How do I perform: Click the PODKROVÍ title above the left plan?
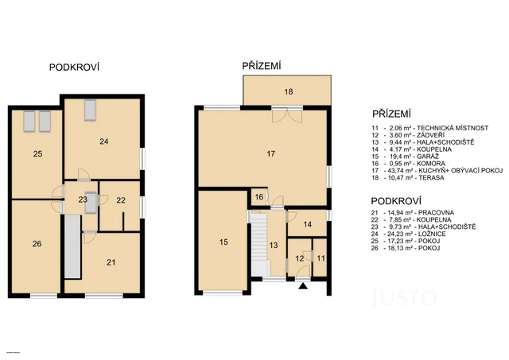point(74,68)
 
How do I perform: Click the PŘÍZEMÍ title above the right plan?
point(262,67)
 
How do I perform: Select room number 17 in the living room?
point(271,153)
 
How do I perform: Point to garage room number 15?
point(223,241)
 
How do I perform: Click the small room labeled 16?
point(259,197)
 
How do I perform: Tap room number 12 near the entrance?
point(300,258)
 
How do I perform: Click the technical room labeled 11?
point(321,258)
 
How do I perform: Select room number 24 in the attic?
point(103,142)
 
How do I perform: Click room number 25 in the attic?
point(37,153)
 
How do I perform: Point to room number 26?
point(37,244)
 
